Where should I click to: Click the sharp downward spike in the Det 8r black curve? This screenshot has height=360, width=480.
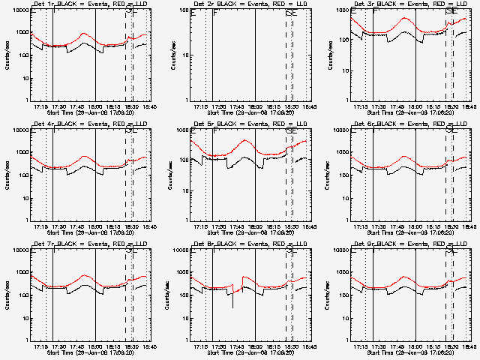(232, 306)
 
